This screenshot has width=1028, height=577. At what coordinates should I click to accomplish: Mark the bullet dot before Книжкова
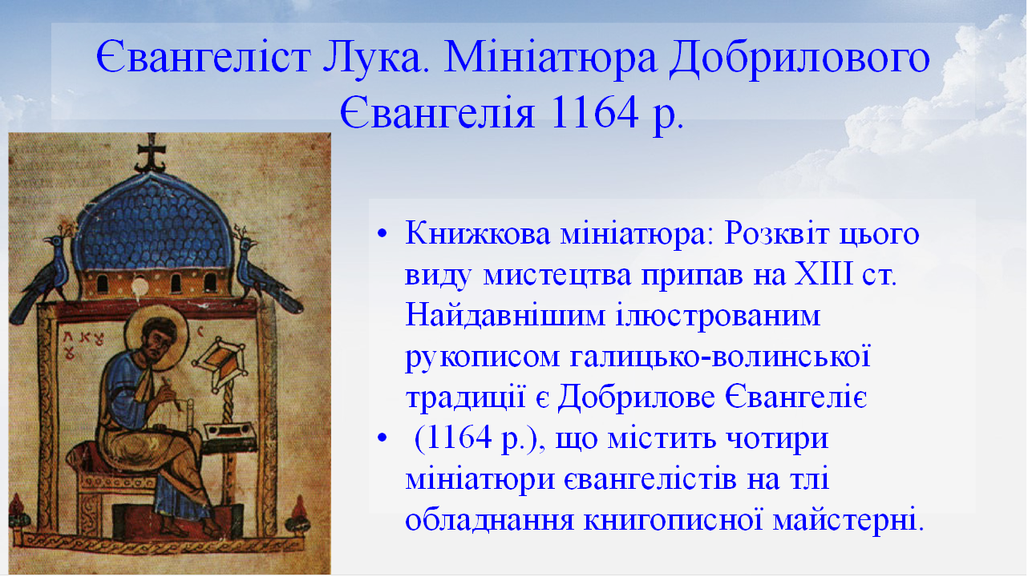382,235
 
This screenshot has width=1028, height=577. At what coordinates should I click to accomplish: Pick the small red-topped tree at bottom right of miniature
300,514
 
